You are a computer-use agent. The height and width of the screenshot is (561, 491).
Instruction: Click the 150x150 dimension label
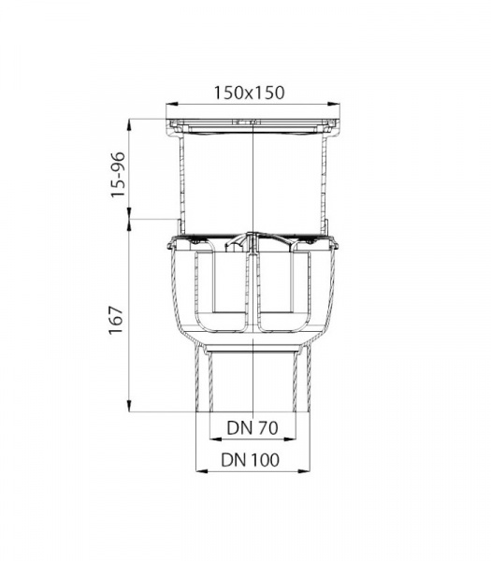tap(249, 93)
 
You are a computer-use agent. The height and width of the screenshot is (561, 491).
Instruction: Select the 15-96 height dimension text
tap(118, 175)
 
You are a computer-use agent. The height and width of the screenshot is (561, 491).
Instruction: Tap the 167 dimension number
tap(116, 320)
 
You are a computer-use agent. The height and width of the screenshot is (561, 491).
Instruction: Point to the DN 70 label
tap(253, 427)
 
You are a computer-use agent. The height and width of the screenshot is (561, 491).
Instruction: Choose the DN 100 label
tap(250, 460)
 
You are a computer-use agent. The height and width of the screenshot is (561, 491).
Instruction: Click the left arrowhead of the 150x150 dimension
tap(172, 104)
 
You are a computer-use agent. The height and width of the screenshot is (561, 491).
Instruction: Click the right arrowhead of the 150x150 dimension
tap(334, 104)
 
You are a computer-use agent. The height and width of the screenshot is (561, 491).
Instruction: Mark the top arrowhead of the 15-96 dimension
tap(130, 124)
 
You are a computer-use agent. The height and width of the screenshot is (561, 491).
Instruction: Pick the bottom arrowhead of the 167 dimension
tap(130, 406)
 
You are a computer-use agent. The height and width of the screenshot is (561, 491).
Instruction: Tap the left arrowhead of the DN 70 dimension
tap(215, 439)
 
